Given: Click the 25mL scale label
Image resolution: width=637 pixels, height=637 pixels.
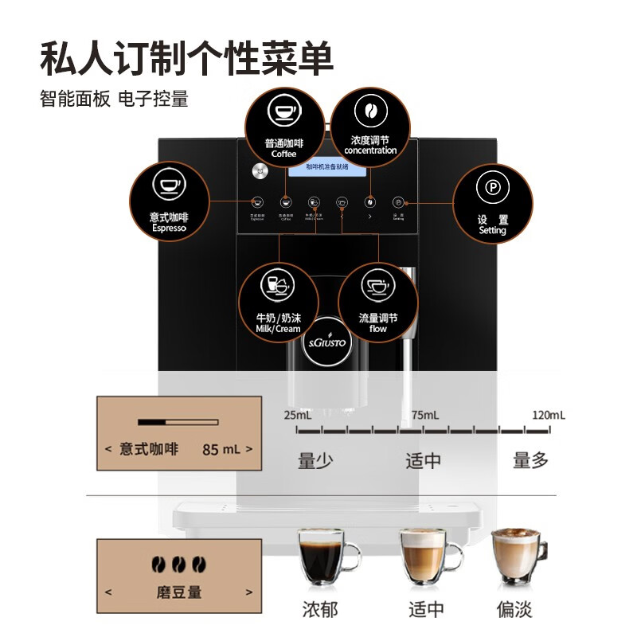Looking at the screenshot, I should (298, 415).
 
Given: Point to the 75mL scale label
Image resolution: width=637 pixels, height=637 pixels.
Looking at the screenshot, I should (424, 415).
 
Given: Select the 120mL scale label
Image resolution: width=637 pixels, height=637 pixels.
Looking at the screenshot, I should (548, 415).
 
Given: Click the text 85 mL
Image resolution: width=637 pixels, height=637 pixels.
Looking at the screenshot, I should (221, 449).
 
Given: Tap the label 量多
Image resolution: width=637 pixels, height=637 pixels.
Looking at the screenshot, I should (530, 460).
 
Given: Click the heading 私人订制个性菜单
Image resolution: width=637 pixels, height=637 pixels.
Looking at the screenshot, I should (186, 57).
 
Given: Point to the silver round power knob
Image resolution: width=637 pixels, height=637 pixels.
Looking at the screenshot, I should (257, 170).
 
